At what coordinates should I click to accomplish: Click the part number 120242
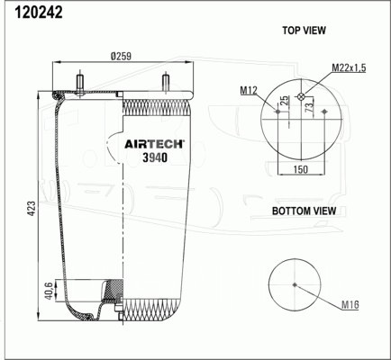coord(39,13)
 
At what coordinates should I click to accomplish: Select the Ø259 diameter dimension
coord(121,56)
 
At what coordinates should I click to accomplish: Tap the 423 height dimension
coord(32,208)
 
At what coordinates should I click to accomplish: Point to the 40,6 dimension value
coord(50,290)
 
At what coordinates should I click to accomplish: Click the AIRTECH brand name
coord(154,144)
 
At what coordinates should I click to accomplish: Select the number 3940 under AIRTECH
coord(155,157)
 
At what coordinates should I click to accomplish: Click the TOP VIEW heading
coord(304,31)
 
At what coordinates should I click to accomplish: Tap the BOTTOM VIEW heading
coord(304,211)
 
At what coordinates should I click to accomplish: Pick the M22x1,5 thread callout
coord(349,68)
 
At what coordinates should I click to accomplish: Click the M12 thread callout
coord(249,90)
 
